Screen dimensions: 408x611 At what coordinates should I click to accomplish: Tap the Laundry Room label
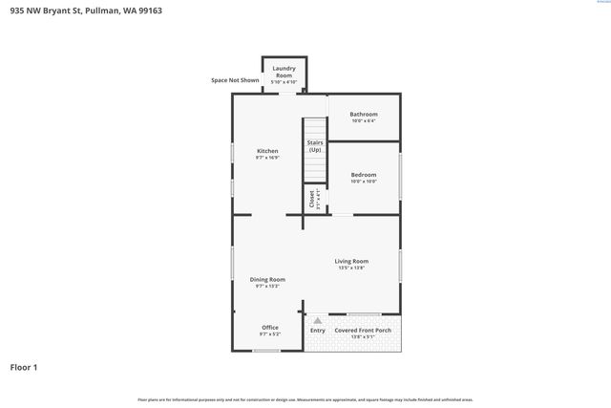[x=284, y=70]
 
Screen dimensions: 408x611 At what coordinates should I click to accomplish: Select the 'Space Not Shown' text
[x=235, y=80]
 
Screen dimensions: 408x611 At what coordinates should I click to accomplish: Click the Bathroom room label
[x=364, y=114]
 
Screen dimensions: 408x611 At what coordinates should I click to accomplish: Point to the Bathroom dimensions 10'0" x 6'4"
[x=364, y=121]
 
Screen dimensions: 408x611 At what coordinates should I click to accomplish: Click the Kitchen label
[x=267, y=151]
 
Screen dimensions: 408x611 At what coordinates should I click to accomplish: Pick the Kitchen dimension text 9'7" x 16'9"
[x=267, y=158]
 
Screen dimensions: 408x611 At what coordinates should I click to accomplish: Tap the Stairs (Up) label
[x=315, y=146]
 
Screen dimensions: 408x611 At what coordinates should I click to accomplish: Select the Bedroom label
[x=364, y=175]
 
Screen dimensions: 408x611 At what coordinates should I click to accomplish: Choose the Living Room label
[x=351, y=261]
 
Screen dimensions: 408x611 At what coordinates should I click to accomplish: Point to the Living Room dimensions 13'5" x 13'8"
[x=351, y=268]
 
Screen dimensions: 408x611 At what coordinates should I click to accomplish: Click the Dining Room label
[x=267, y=279]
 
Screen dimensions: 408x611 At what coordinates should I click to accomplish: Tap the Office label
[x=270, y=328]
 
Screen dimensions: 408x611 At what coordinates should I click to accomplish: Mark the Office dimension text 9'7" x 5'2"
[x=270, y=334]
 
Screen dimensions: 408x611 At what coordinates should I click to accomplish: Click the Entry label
[x=317, y=331]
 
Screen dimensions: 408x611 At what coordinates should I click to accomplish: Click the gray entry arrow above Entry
[x=317, y=321]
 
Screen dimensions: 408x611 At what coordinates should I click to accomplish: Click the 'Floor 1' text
[x=24, y=367]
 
